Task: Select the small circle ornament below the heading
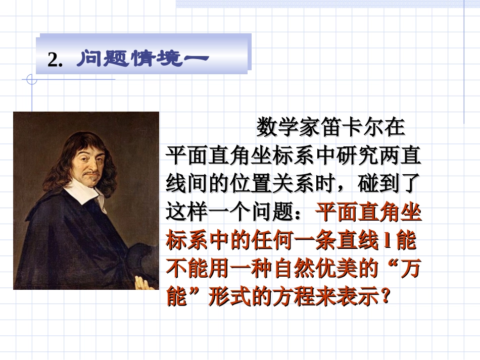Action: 31,79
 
